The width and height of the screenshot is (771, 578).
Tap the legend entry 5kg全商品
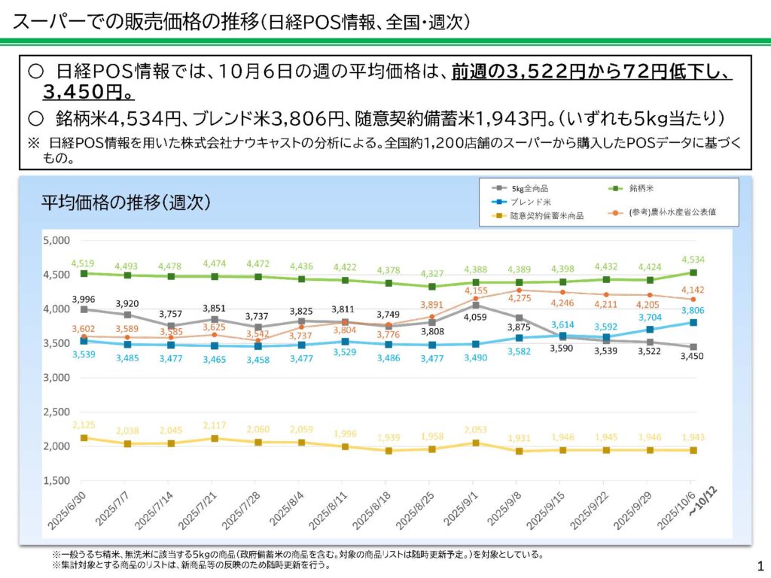pyautogui.click(x=532, y=187)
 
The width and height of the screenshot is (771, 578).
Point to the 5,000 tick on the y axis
pyautogui.click(x=56, y=241)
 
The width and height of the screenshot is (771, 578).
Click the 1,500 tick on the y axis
pyautogui.click(x=56, y=480)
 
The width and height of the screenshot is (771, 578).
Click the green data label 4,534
pyautogui.click(x=693, y=260)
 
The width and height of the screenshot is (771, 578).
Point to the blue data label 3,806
pyautogui.click(x=693, y=309)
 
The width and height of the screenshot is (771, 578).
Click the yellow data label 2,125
pyautogui.click(x=83, y=425)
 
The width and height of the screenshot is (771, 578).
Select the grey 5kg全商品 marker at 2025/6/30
pyautogui.click(x=84, y=309)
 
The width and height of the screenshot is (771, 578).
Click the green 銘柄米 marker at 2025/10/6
pyautogui.click(x=693, y=272)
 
